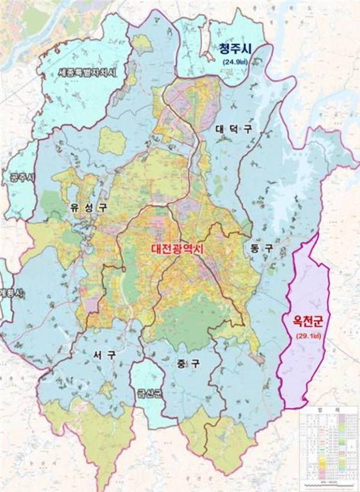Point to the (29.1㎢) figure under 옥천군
(x=307, y=336)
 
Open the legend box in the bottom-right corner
(x=329, y=448)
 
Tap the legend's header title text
(x=329, y=414)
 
